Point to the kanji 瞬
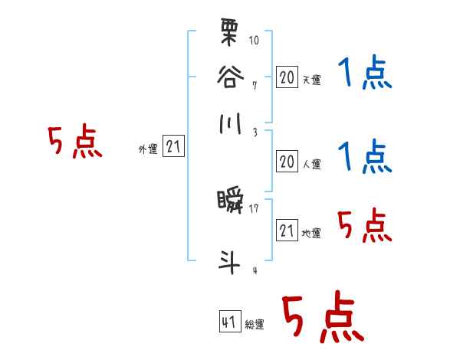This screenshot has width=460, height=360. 229,203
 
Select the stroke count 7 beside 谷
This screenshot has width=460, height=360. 254,83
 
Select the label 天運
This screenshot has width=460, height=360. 311,79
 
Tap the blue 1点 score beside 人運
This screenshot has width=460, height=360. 365,156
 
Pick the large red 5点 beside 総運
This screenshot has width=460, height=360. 322,317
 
